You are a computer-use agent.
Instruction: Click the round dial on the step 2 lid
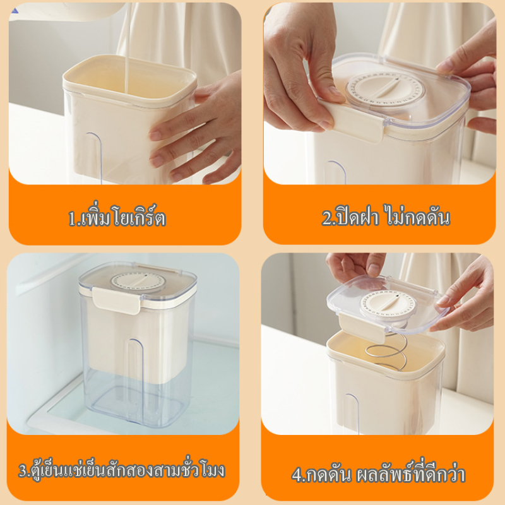pyautogui.click(x=385, y=88)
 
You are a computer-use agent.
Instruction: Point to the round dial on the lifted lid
pyautogui.click(x=388, y=304)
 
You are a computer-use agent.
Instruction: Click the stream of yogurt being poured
pyautogui.click(x=128, y=49)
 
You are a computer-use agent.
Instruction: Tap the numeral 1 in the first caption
pyautogui.click(x=72, y=218)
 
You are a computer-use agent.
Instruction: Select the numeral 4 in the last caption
pyautogui.click(x=297, y=475)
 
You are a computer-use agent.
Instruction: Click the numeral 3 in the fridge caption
pyautogui.click(x=23, y=470)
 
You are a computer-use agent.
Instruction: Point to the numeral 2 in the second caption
pyautogui.click(x=327, y=218)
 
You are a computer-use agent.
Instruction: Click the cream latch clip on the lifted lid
pyautogui.click(x=362, y=328)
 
